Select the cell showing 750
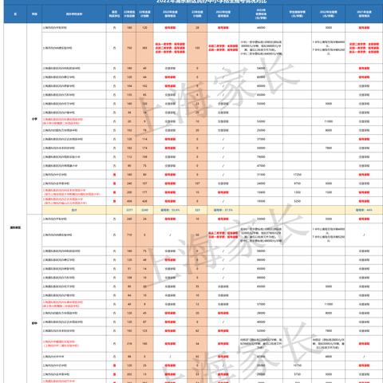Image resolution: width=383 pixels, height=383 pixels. pos(128,48)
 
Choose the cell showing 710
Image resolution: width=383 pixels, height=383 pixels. pos(128,236)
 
